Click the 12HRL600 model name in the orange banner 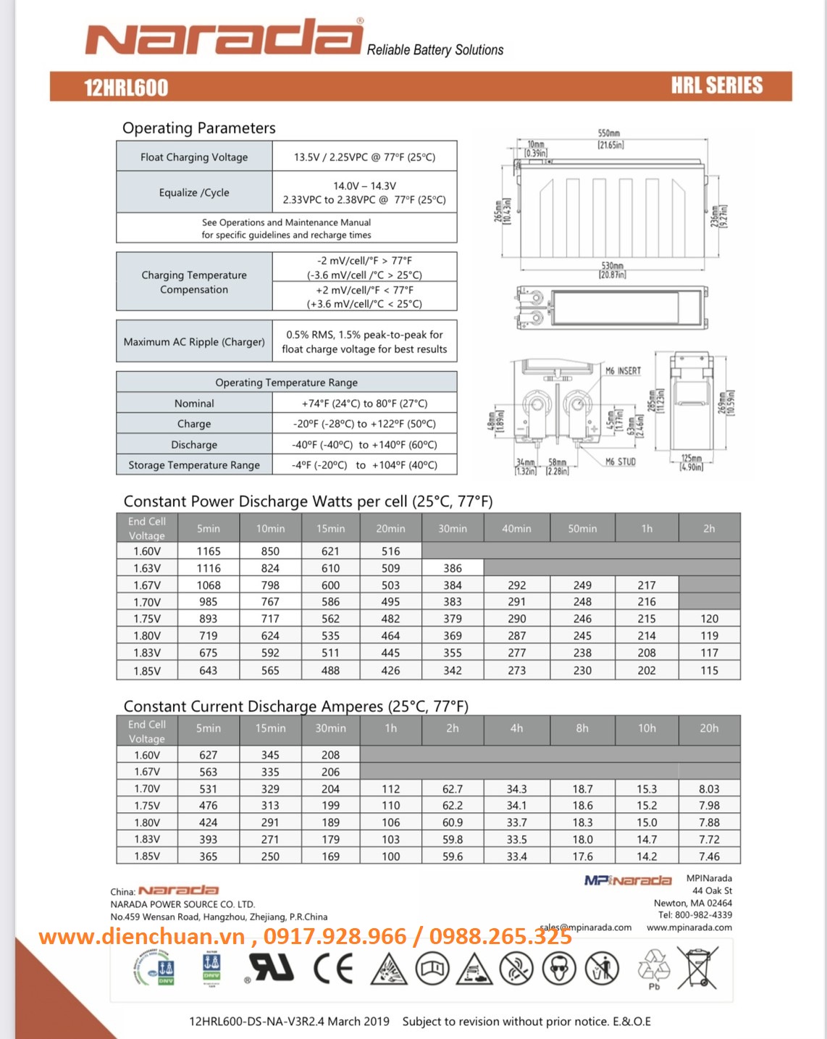coord(126,88)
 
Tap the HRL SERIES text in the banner coord(716,85)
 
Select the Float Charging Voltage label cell coord(194,157)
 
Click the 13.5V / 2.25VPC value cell coord(364,157)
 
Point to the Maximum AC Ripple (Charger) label coord(194,342)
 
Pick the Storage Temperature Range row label coord(194,465)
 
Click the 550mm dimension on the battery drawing coord(609,134)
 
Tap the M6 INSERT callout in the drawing coord(624,371)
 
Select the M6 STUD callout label coord(621,462)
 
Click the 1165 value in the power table coord(209,551)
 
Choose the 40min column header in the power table coord(516,529)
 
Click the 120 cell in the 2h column coord(709,619)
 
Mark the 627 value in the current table coord(209,755)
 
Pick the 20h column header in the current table coord(709,728)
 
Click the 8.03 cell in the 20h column coord(709,789)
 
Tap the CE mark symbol coord(333,969)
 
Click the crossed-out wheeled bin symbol coord(698,967)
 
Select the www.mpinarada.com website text coord(689,927)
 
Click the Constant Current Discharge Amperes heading coord(295,706)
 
